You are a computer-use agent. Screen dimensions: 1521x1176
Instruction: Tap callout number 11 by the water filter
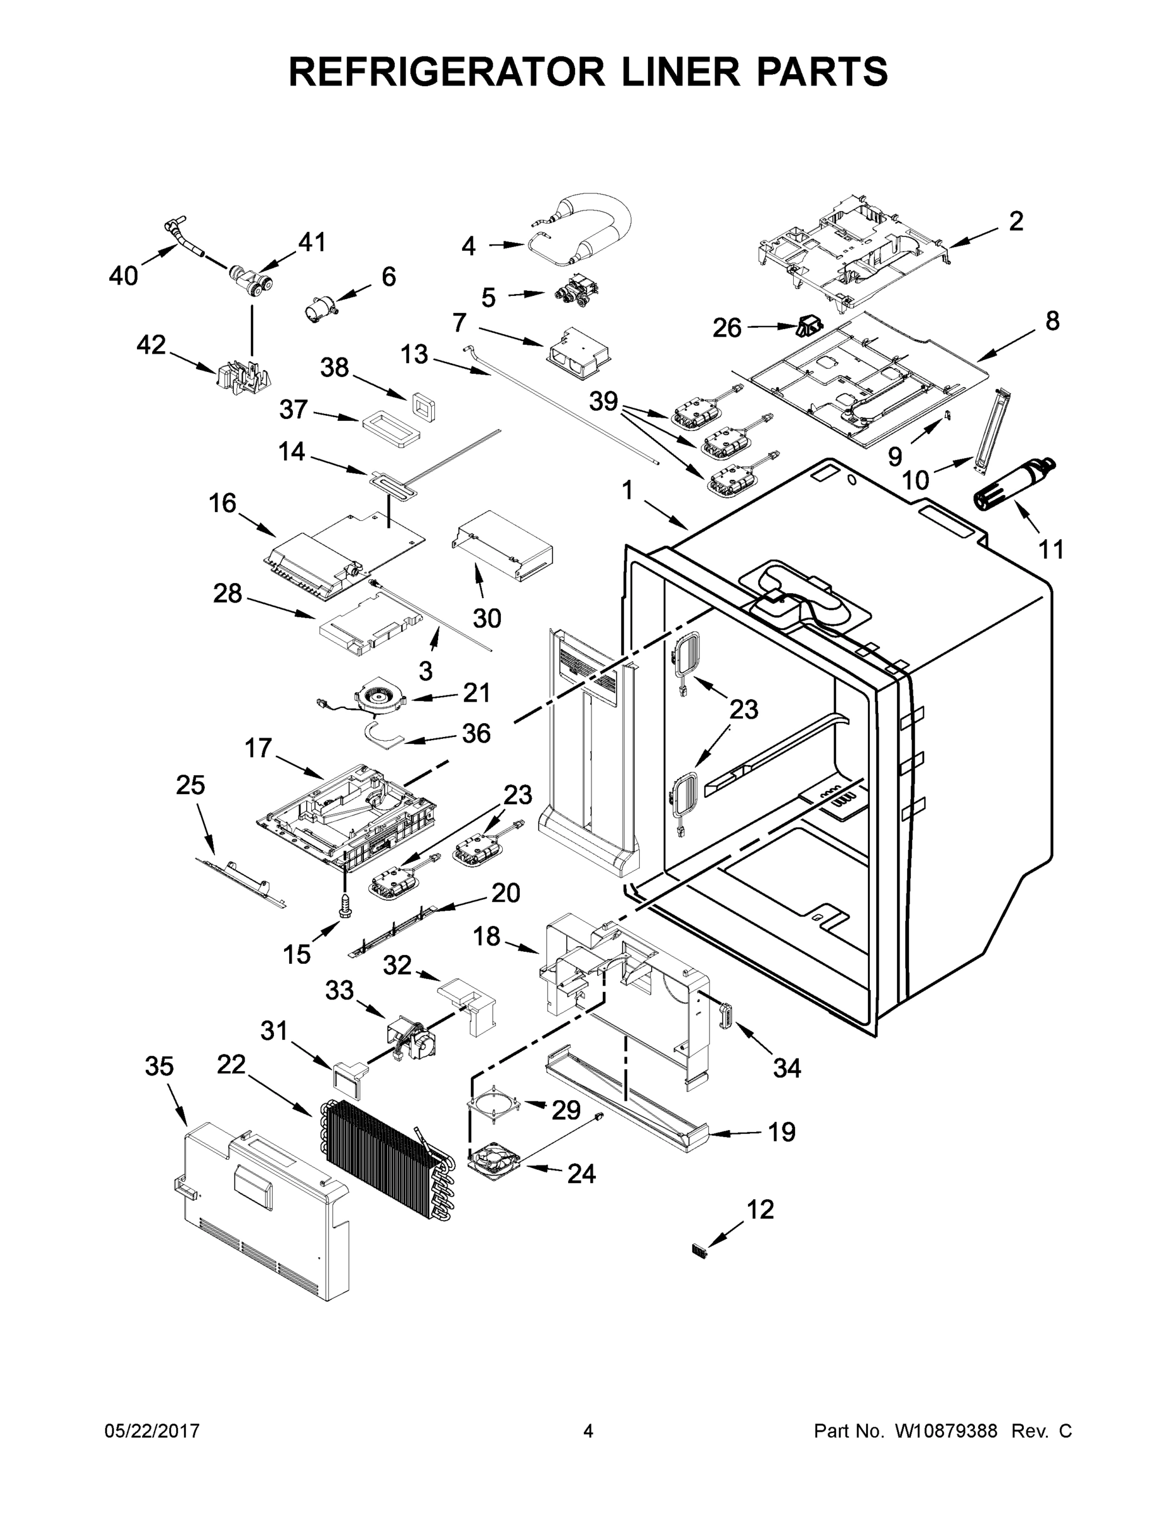point(1050,549)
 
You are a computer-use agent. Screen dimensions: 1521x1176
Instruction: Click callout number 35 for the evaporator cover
point(159,1066)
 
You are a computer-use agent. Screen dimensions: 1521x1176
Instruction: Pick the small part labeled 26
point(810,324)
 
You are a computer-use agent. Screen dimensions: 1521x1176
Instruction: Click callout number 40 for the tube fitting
point(124,276)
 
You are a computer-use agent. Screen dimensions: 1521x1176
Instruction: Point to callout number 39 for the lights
point(604,402)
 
